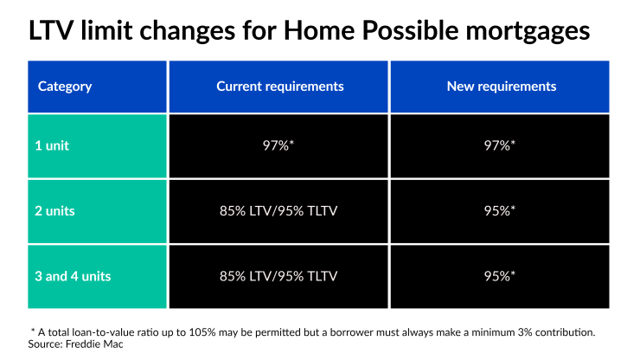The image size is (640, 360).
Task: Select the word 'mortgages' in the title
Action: pyautogui.click(x=522, y=32)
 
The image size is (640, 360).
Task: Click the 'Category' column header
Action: pyautogui.click(x=65, y=87)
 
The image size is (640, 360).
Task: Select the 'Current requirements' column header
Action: pyautogui.click(x=280, y=87)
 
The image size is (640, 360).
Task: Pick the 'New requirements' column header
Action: pyautogui.click(x=501, y=87)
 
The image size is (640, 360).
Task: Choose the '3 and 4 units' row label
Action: pyautogui.click(x=74, y=277)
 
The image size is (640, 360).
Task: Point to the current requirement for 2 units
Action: pyautogui.click(x=280, y=212)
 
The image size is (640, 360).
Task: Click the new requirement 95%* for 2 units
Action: pyautogui.click(x=501, y=212)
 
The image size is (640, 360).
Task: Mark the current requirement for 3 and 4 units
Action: pyautogui.click(x=280, y=277)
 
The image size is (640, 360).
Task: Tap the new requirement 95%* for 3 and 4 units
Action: pyautogui.click(x=501, y=277)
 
